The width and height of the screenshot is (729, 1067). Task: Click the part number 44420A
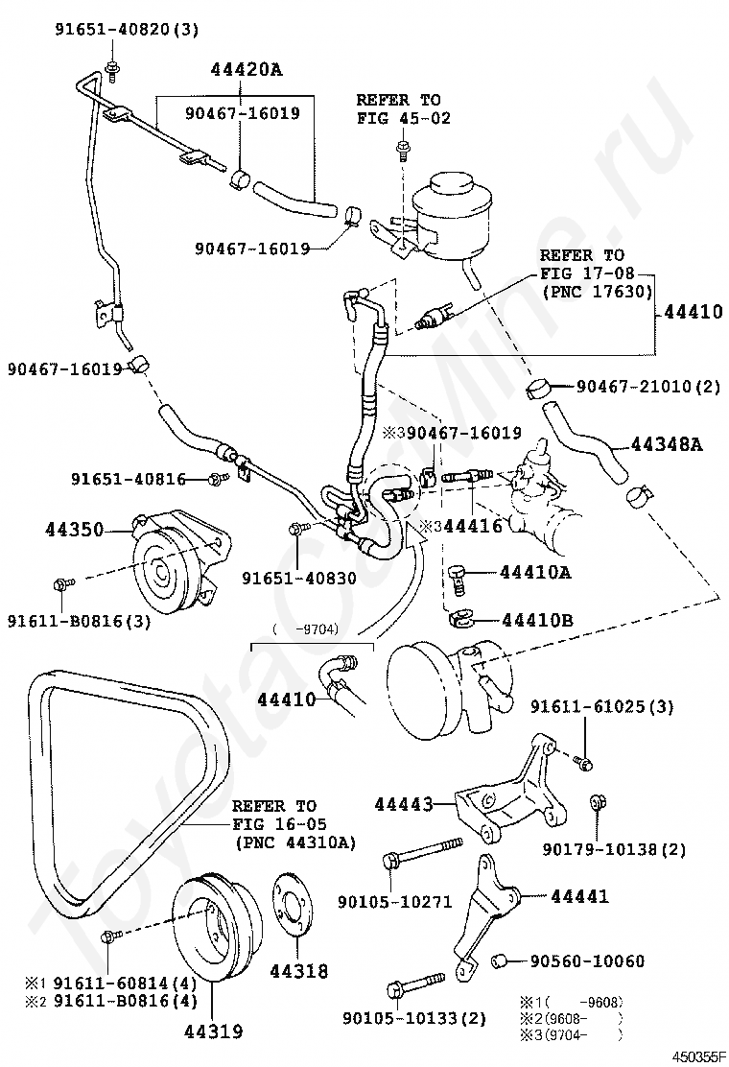tap(246, 69)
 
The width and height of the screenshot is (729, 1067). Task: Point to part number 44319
tap(214, 1031)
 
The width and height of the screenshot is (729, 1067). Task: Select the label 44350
tap(74, 529)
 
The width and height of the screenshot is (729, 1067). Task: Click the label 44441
tap(578, 896)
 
